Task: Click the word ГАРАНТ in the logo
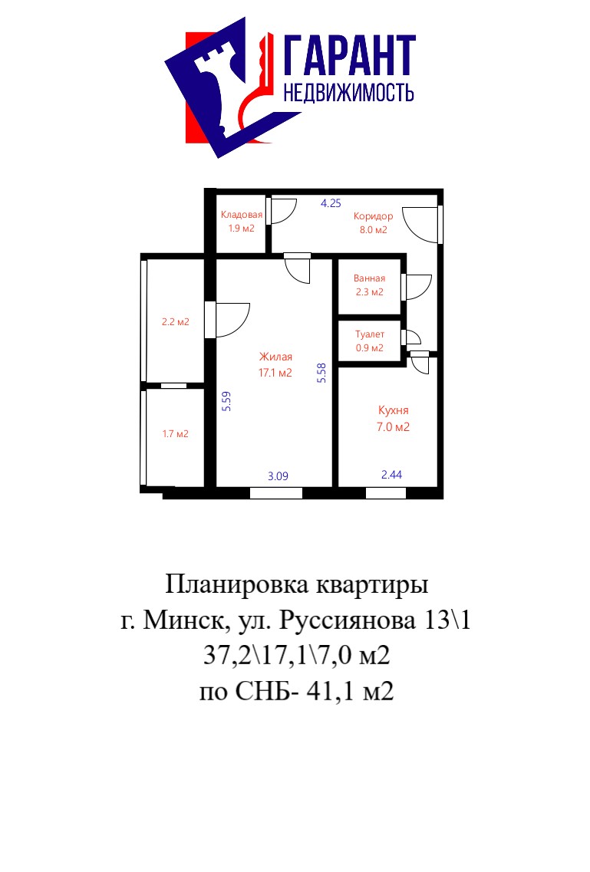[x=350, y=55]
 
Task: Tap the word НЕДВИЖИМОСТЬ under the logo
[x=348, y=92]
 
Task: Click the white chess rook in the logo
[x=220, y=91]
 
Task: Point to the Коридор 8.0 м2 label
[x=373, y=222]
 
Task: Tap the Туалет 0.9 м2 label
[x=370, y=341]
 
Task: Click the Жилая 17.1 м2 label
[x=275, y=364]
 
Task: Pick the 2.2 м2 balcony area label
[x=176, y=321]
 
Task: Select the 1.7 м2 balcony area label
[x=176, y=434]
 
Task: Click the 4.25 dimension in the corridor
[x=331, y=203]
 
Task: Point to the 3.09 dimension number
[x=278, y=476]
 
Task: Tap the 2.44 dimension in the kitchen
[x=391, y=475]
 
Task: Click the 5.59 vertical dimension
[x=226, y=401]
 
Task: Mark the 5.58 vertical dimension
[x=321, y=373]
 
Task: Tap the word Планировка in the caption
[x=237, y=585]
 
